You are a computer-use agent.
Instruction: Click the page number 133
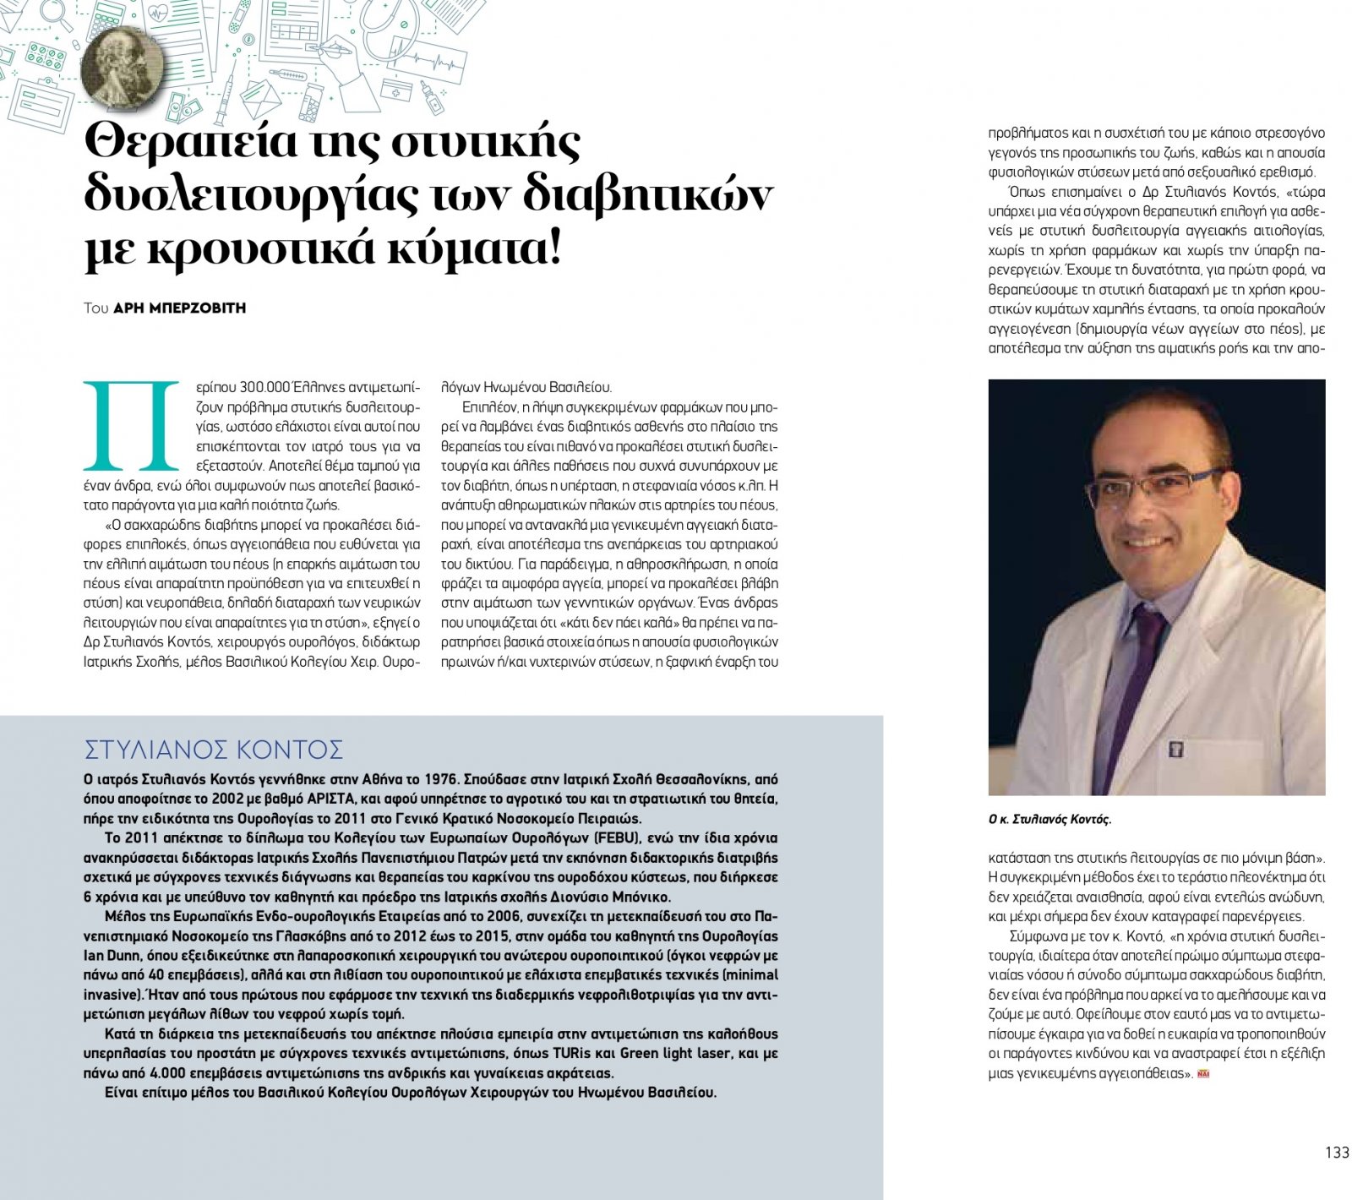coord(1337,1153)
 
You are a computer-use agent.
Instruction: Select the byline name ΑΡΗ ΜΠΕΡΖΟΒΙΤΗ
coord(180,308)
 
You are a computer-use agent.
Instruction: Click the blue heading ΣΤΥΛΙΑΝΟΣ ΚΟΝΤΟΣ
coord(214,750)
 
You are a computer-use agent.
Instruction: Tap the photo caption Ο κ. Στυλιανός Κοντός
coord(1050,819)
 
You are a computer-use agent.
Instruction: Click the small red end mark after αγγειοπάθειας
coord(1204,1074)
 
